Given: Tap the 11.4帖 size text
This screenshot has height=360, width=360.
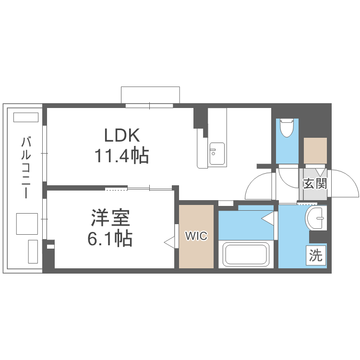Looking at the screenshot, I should (121, 156).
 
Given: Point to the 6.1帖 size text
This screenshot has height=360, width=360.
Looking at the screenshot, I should (110, 238).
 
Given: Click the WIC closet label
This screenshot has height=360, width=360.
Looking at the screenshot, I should (196, 236).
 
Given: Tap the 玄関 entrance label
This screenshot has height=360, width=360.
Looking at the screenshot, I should (315, 183).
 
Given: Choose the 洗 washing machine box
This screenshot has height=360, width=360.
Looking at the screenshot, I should (315, 255).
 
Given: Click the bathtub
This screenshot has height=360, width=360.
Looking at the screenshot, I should (246, 255).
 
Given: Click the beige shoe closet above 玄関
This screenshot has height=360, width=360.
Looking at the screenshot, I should (315, 151).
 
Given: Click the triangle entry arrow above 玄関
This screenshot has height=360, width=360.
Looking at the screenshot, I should (321, 171).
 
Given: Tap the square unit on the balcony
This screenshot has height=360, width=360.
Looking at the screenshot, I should (26, 223).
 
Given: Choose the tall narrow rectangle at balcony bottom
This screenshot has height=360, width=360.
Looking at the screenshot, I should (33, 251).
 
